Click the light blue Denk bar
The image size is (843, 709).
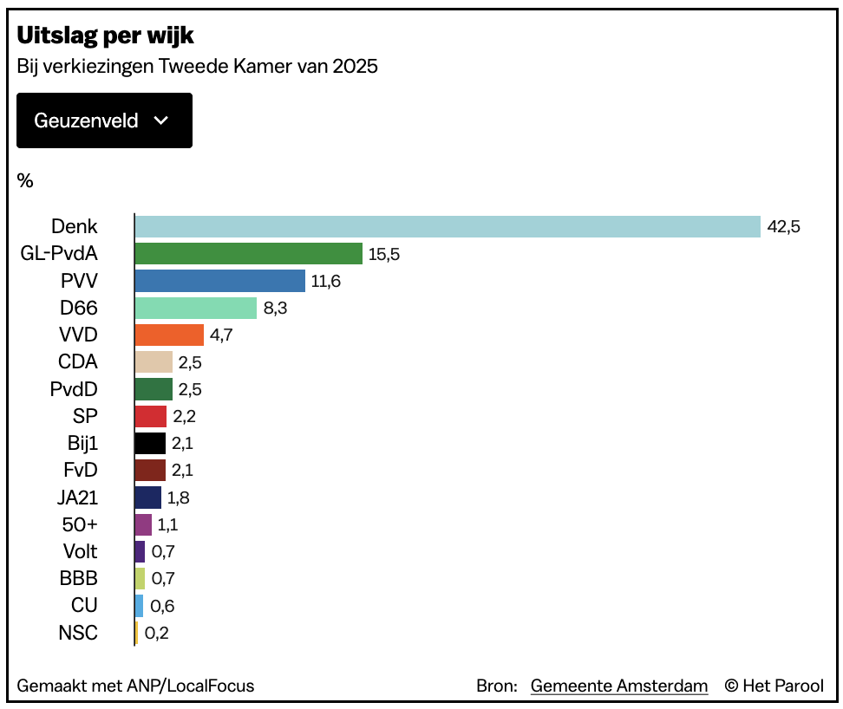click(448, 227)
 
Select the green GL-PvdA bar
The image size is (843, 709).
click(249, 254)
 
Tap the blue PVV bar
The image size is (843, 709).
click(220, 281)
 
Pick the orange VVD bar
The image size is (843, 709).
click(169, 335)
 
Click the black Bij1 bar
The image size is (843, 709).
click(150, 443)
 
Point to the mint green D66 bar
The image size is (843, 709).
click(196, 308)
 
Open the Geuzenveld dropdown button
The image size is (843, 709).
click(104, 120)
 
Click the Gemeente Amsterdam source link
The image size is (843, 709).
click(619, 686)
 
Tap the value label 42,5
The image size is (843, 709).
click(783, 227)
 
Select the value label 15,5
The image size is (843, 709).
click(385, 254)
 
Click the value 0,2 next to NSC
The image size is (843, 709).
click(157, 633)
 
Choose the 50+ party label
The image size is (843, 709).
click(80, 524)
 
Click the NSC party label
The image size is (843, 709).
click(77, 633)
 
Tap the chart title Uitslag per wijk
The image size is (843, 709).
click(105, 36)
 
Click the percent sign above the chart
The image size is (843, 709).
click(25, 180)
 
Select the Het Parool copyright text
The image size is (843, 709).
click(774, 686)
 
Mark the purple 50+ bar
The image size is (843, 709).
click(143, 524)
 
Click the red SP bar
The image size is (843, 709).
click(151, 416)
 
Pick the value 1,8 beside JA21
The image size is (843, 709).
click(179, 498)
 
